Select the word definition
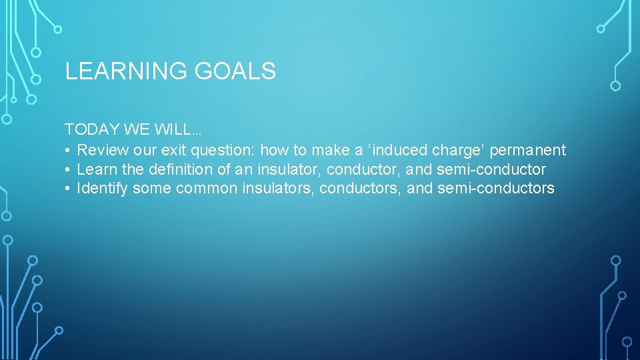pos(181,169)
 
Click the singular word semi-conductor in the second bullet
pos(491,169)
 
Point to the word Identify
pos(103,189)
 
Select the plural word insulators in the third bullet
pos(278,189)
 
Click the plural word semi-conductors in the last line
pos(495,189)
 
